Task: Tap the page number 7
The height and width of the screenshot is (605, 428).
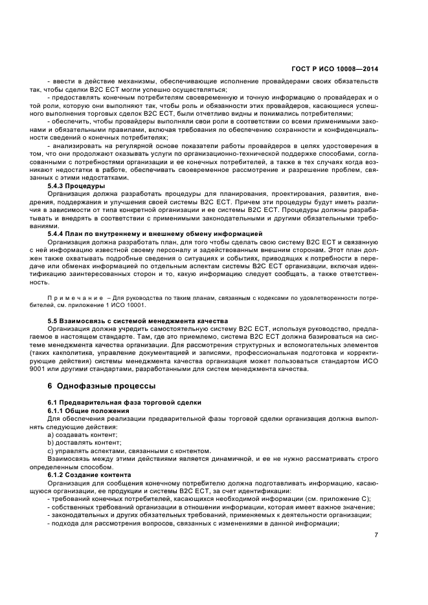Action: pos(376,535)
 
